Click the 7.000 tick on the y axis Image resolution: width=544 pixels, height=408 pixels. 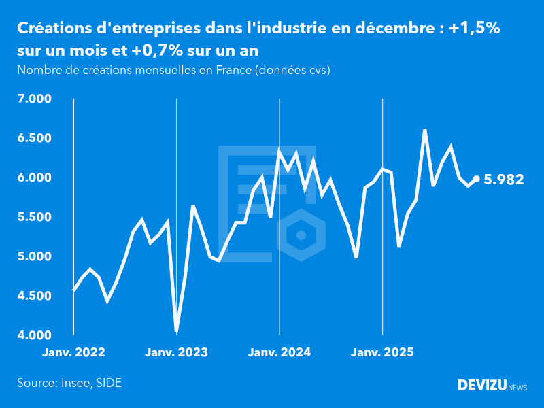[x=34, y=99]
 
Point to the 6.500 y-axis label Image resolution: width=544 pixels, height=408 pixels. [x=34, y=139]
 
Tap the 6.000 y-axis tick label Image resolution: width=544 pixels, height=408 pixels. [x=34, y=178]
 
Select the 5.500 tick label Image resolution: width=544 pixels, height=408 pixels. [x=34, y=218]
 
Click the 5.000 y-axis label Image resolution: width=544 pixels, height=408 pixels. [x=34, y=257]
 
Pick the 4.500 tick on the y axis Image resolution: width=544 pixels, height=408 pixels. [x=34, y=296]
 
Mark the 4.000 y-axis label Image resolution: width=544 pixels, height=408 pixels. [x=34, y=336]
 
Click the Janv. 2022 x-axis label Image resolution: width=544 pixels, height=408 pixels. [x=73, y=352]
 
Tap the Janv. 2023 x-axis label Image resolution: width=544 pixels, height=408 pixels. [x=177, y=352]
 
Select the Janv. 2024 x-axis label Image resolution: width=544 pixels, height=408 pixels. [x=279, y=352]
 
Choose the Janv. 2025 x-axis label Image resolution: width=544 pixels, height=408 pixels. [x=383, y=352]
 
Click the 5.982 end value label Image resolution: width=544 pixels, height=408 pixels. [x=503, y=180]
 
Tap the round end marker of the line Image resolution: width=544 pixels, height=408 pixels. [x=476, y=179]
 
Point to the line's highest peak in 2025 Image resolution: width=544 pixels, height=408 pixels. [x=425, y=130]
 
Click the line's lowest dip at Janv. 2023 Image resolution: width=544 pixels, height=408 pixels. [x=177, y=330]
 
